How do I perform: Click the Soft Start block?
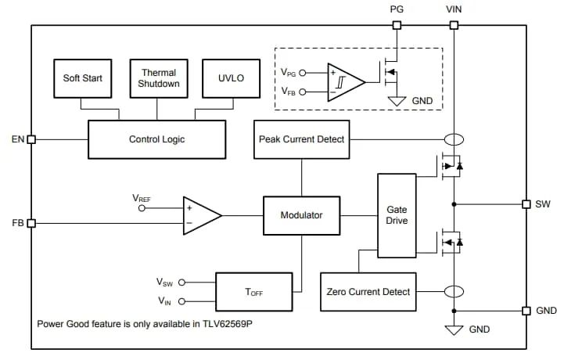pos(83,79)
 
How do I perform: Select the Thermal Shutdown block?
pos(159,78)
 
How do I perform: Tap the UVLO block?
pos(232,79)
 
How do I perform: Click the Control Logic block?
pos(156,139)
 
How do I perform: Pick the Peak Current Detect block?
pos(301,139)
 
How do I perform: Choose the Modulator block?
pos(301,214)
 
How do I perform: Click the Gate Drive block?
pos(397,214)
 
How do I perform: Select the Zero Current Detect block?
pos(368,292)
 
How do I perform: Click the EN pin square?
pos(31,139)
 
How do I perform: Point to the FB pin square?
pos(31,223)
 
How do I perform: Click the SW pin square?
pos(526,204)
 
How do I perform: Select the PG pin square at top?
pos(397,25)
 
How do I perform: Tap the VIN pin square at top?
pos(454,25)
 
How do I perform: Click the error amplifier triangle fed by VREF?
pos(199,214)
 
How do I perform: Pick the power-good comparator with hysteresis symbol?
pos(345,81)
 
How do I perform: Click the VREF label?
pos(141,200)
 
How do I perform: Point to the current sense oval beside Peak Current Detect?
pos(454,139)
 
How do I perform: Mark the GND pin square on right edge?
pos(526,311)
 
